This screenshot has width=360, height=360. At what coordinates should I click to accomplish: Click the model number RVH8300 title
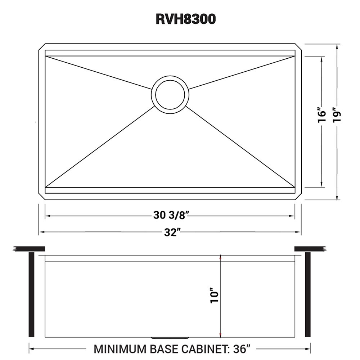click(186, 19)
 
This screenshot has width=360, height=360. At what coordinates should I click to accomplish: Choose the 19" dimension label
click(337, 115)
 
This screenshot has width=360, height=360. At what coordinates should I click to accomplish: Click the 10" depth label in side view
click(215, 296)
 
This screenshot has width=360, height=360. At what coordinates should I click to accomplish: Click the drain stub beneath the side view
click(170, 338)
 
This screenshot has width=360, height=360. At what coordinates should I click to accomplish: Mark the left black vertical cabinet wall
click(31, 294)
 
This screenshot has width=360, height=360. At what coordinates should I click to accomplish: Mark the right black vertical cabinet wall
click(307, 294)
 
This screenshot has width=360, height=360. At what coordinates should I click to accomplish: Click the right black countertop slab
click(310, 248)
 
